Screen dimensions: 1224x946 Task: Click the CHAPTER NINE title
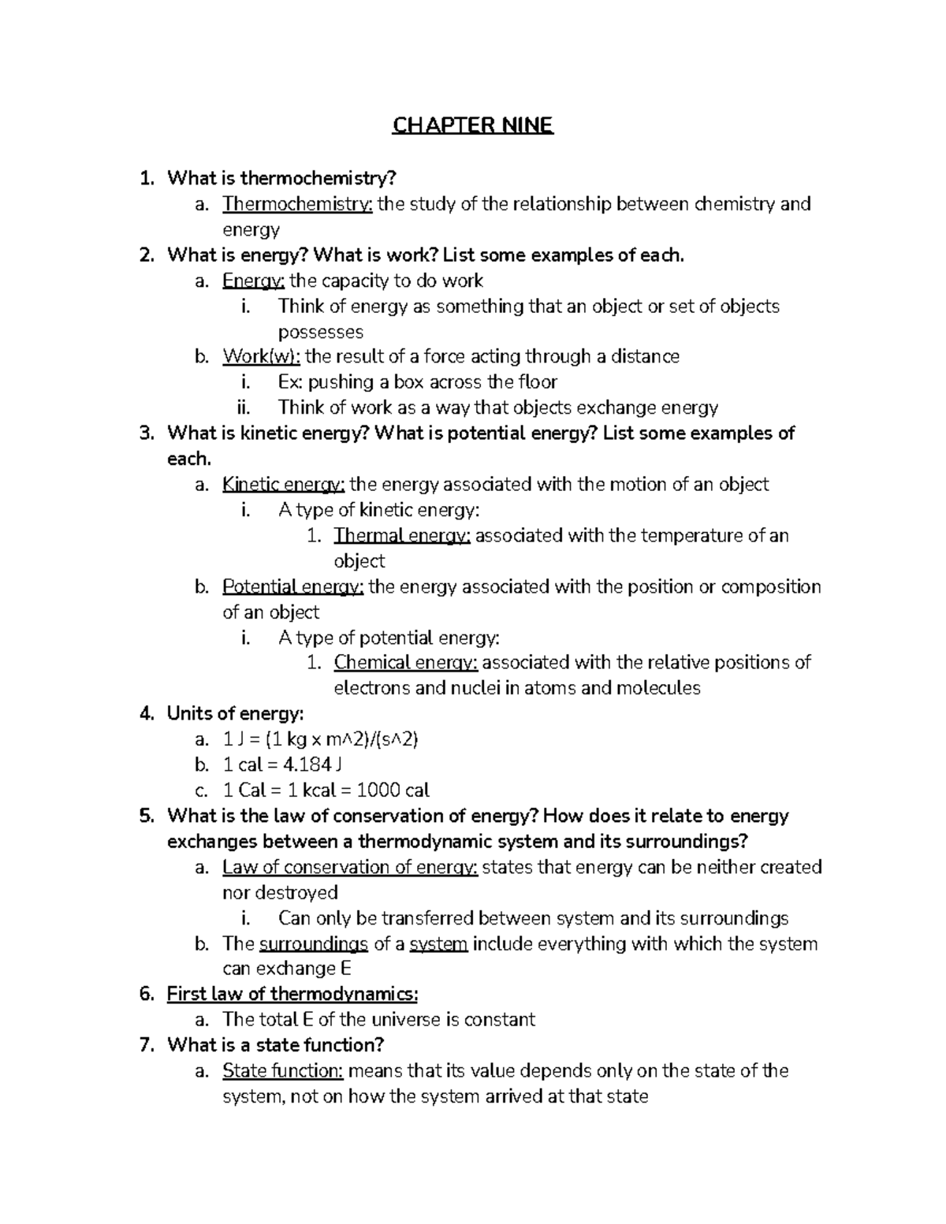(473, 126)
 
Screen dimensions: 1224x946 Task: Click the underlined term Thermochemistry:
(297, 204)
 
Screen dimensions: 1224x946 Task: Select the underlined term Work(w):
(261, 356)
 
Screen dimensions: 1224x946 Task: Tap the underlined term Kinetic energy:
(283, 484)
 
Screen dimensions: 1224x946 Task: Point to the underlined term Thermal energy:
(402, 535)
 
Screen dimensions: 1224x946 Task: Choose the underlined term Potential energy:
(292, 586)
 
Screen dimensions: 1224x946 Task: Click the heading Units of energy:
(235, 713)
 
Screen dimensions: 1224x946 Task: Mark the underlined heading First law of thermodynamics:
(292, 994)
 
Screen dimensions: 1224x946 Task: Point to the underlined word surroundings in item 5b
(313, 943)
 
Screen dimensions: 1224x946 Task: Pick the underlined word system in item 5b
(439, 943)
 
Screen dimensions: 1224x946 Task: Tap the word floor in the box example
(538, 382)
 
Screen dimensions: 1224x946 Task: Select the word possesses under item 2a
(321, 332)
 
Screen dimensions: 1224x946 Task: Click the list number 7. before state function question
(146, 1045)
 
